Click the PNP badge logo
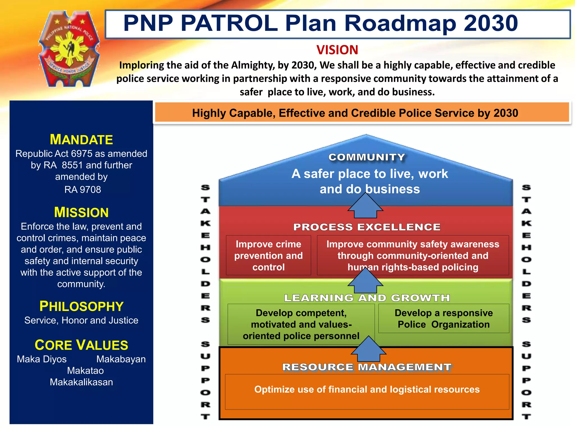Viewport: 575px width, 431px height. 69,49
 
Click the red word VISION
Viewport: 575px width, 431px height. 337,50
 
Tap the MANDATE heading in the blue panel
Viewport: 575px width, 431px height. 81,139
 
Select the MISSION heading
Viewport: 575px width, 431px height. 81,212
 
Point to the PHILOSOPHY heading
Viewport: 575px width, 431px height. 81,306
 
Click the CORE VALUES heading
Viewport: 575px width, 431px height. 81,345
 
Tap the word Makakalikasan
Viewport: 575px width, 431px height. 81,382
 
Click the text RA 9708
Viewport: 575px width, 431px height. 83,190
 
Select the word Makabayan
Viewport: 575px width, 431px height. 121,359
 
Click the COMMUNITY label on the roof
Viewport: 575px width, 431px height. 367,157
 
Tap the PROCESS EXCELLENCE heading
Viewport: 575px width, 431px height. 367,227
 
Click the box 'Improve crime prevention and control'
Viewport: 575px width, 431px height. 268,255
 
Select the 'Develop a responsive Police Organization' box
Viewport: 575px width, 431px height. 444,318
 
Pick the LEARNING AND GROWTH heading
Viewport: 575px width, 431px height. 367,298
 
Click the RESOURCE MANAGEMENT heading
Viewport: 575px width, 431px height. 367,367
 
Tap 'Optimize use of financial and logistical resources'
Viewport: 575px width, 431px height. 367,389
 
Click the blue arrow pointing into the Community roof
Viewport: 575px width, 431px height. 365,207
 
